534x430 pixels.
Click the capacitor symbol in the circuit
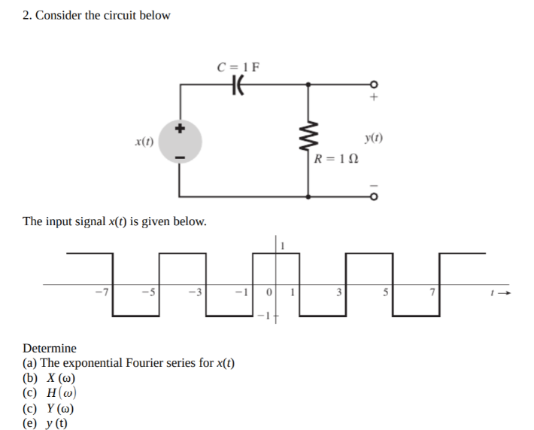(x=238, y=85)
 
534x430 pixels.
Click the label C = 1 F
(x=238, y=66)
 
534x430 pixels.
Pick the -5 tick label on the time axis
(x=152, y=291)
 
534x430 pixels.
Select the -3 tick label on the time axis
(x=199, y=291)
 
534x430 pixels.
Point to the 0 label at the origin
(x=269, y=291)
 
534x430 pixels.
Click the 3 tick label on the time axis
(x=339, y=291)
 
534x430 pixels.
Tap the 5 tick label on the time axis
(x=386, y=291)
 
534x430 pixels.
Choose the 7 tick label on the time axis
(x=432, y=291)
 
